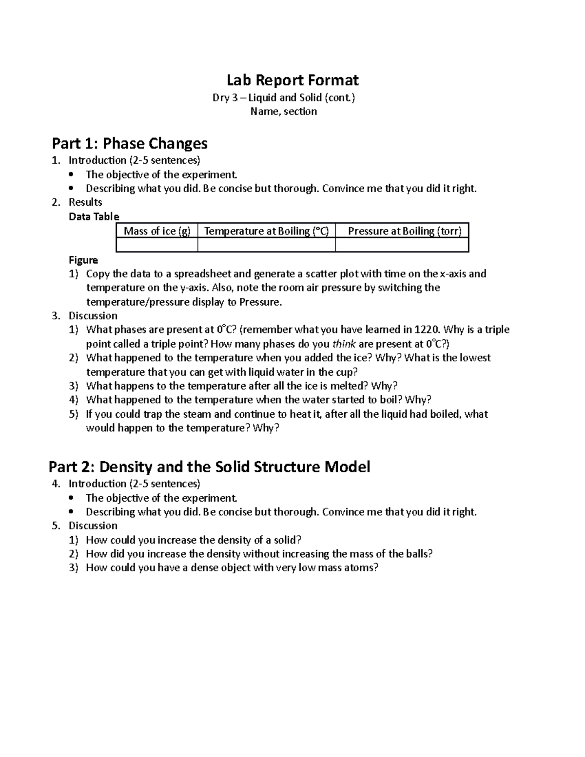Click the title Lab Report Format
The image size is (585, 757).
tap(292, 80)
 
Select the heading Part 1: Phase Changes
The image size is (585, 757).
tap(130, 143)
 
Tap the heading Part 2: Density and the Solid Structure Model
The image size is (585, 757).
tap(209, 466)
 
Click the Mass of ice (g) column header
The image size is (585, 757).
tap(157, 231)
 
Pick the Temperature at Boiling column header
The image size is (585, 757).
tap(266, 231)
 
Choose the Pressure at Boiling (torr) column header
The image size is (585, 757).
tap(404, 231)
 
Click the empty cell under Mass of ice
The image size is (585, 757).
tap(157, 245)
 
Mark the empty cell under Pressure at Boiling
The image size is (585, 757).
tap(402, 245)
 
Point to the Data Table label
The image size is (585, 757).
tap(94, 216)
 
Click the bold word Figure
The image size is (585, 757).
tap(83, 260)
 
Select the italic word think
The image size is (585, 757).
tap(344, 344)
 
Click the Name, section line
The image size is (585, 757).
tap(283, 112)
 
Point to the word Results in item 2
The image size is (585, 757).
tap(85, 202)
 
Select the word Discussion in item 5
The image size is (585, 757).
tap(93, 525)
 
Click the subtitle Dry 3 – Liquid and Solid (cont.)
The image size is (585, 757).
tap(284, 97)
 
